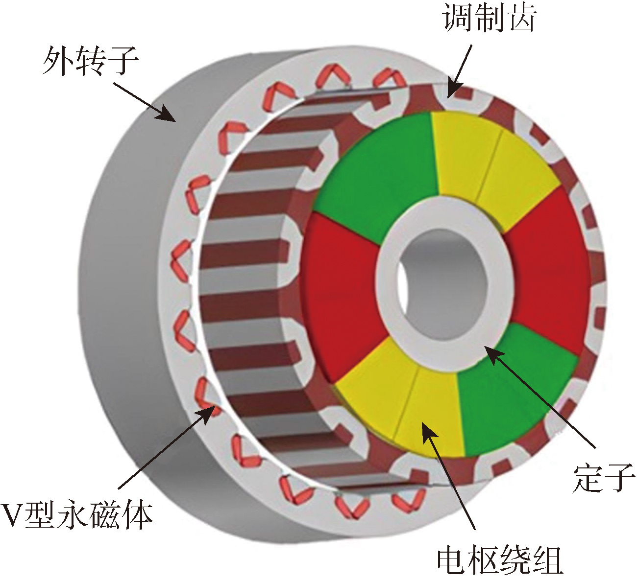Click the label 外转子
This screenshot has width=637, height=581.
(91, 60)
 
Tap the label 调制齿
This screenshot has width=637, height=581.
(489, 18)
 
